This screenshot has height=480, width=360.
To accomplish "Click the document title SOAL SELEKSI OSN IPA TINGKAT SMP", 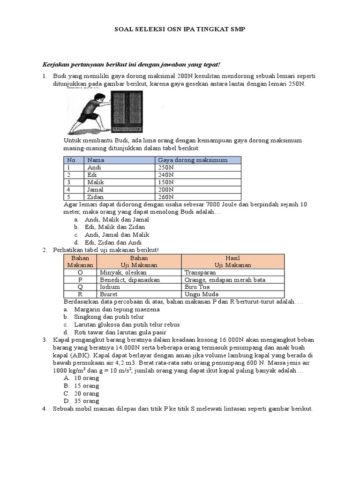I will (180, 30).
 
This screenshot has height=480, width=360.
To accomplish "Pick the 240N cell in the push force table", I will (165, 174).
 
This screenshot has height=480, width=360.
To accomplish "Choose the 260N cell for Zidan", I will (165, 197).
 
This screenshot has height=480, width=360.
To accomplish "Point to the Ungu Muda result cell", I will (202, 294).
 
